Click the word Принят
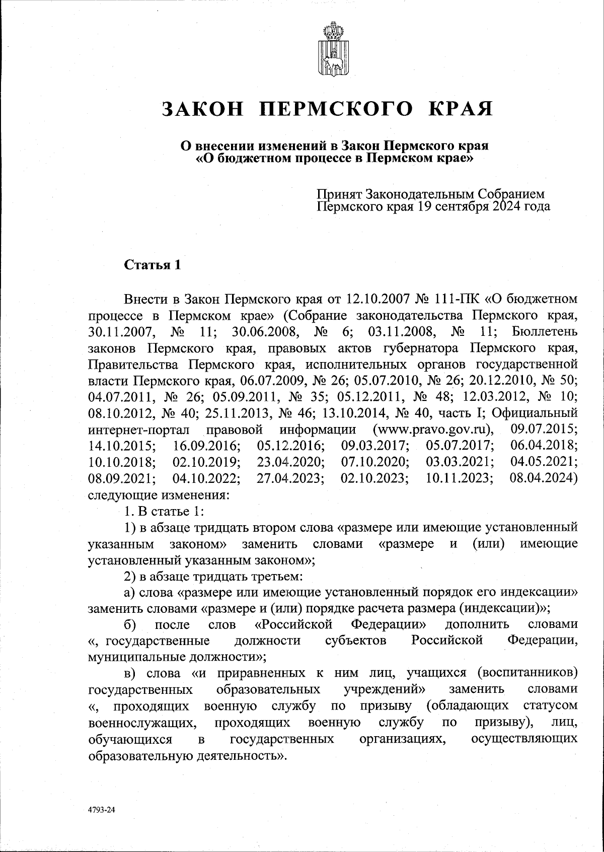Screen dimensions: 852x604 click(339, 194)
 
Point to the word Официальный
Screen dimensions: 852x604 click(533, 414)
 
